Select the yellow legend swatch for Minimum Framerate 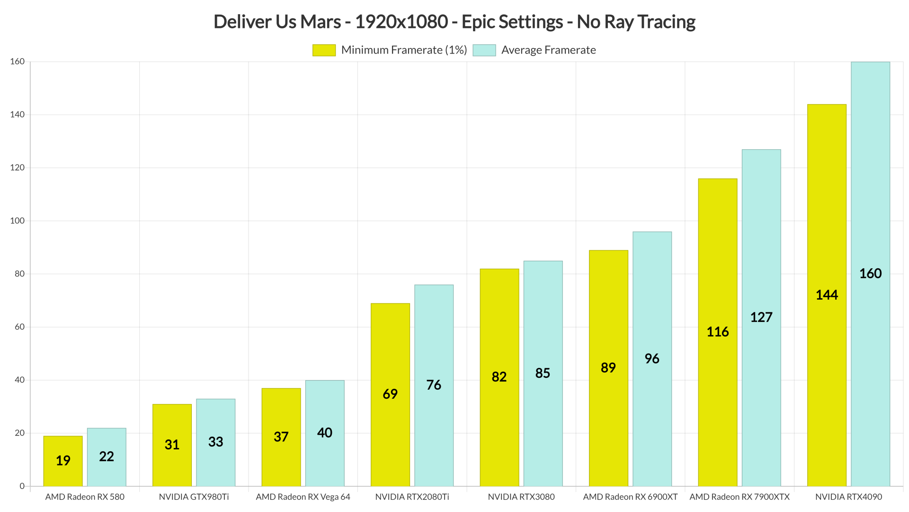click(324, 50)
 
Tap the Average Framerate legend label click(548, 50)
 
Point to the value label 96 click(652, 359)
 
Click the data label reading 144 click(827, 295)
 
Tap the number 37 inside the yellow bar click(281, 437)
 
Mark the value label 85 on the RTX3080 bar click(543, 373)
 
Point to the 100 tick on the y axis click(18, 221)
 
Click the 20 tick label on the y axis click(19, 433)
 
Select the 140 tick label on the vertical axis click(18, 115)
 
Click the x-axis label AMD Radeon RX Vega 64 click(303, 497)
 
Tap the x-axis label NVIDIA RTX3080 click(521, 497)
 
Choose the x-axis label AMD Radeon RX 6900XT click(630, 497)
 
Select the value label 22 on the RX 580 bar click(107, 457)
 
